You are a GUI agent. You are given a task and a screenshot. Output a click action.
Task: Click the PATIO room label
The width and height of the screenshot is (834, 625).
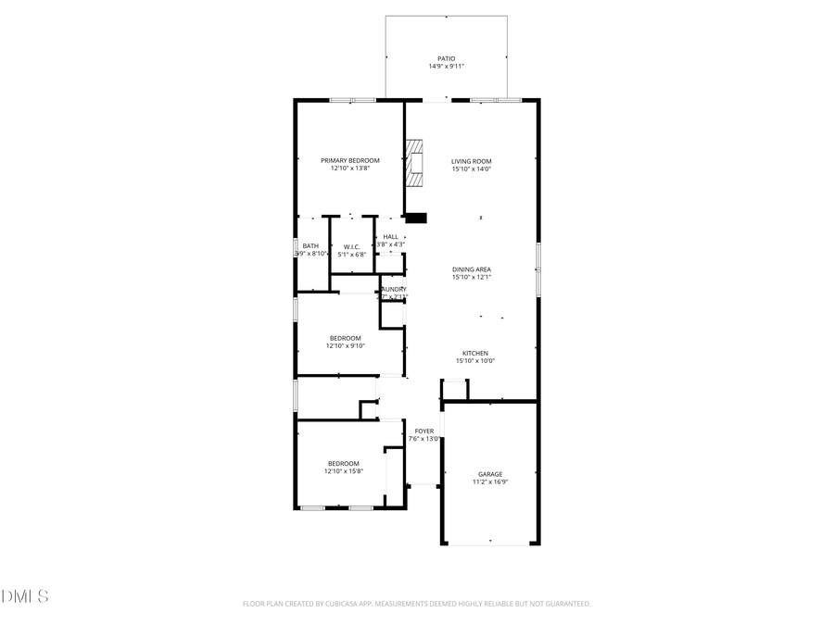coord(447,58)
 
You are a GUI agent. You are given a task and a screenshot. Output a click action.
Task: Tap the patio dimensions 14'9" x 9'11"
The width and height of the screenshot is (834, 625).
coord(447,67)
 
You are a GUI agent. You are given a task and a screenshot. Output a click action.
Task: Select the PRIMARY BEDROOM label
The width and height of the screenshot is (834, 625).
coord(350,160)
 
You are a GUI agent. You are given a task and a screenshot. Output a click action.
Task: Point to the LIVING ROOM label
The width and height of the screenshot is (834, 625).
coord(471,160)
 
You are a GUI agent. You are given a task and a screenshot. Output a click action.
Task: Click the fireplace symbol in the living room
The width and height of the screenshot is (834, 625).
coord(413,164)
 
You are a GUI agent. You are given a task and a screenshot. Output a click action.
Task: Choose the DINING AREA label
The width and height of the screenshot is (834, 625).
coord(471,269)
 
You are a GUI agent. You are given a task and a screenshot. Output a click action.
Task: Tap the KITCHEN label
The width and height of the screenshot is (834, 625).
coord(475,353)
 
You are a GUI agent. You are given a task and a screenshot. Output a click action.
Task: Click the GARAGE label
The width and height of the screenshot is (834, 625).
coord(490,473)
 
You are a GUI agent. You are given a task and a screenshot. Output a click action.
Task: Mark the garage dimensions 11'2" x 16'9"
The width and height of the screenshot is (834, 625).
coord(490,481)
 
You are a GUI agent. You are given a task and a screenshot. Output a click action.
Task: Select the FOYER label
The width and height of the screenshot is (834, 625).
coord(424,431)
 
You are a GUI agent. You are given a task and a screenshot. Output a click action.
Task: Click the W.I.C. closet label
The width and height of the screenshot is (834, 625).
coord(351,245)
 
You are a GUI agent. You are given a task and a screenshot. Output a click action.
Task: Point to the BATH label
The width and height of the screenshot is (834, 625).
coord(310,245)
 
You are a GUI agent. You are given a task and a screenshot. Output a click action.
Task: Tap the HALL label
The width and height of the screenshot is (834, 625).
coord(390,236)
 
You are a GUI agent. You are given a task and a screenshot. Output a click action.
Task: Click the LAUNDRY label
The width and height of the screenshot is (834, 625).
coord(393,289)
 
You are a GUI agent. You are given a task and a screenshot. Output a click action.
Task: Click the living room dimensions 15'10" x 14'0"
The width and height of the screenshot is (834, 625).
coord(471,169)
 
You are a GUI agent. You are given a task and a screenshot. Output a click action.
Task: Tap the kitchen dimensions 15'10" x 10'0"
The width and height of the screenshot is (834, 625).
coord(475,361)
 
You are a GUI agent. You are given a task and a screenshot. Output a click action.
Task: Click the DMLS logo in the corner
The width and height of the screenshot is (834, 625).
coord(25,595)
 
